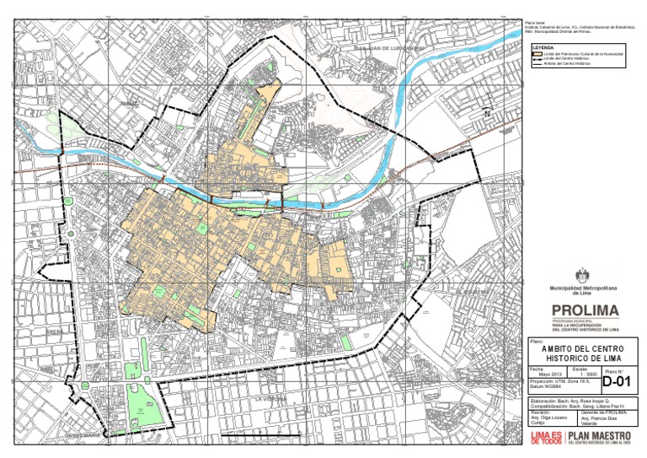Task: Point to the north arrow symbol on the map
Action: pyautogui.click(x=485, y=112)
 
